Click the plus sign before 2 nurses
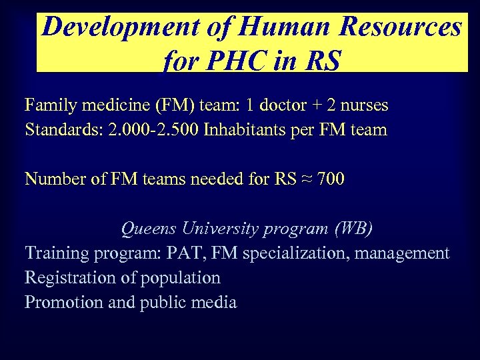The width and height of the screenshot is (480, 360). [316, 105]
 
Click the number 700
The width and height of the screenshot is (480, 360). [331, 179]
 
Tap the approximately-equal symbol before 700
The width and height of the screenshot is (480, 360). [304, 179]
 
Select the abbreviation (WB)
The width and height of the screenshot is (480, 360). [351, 229]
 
